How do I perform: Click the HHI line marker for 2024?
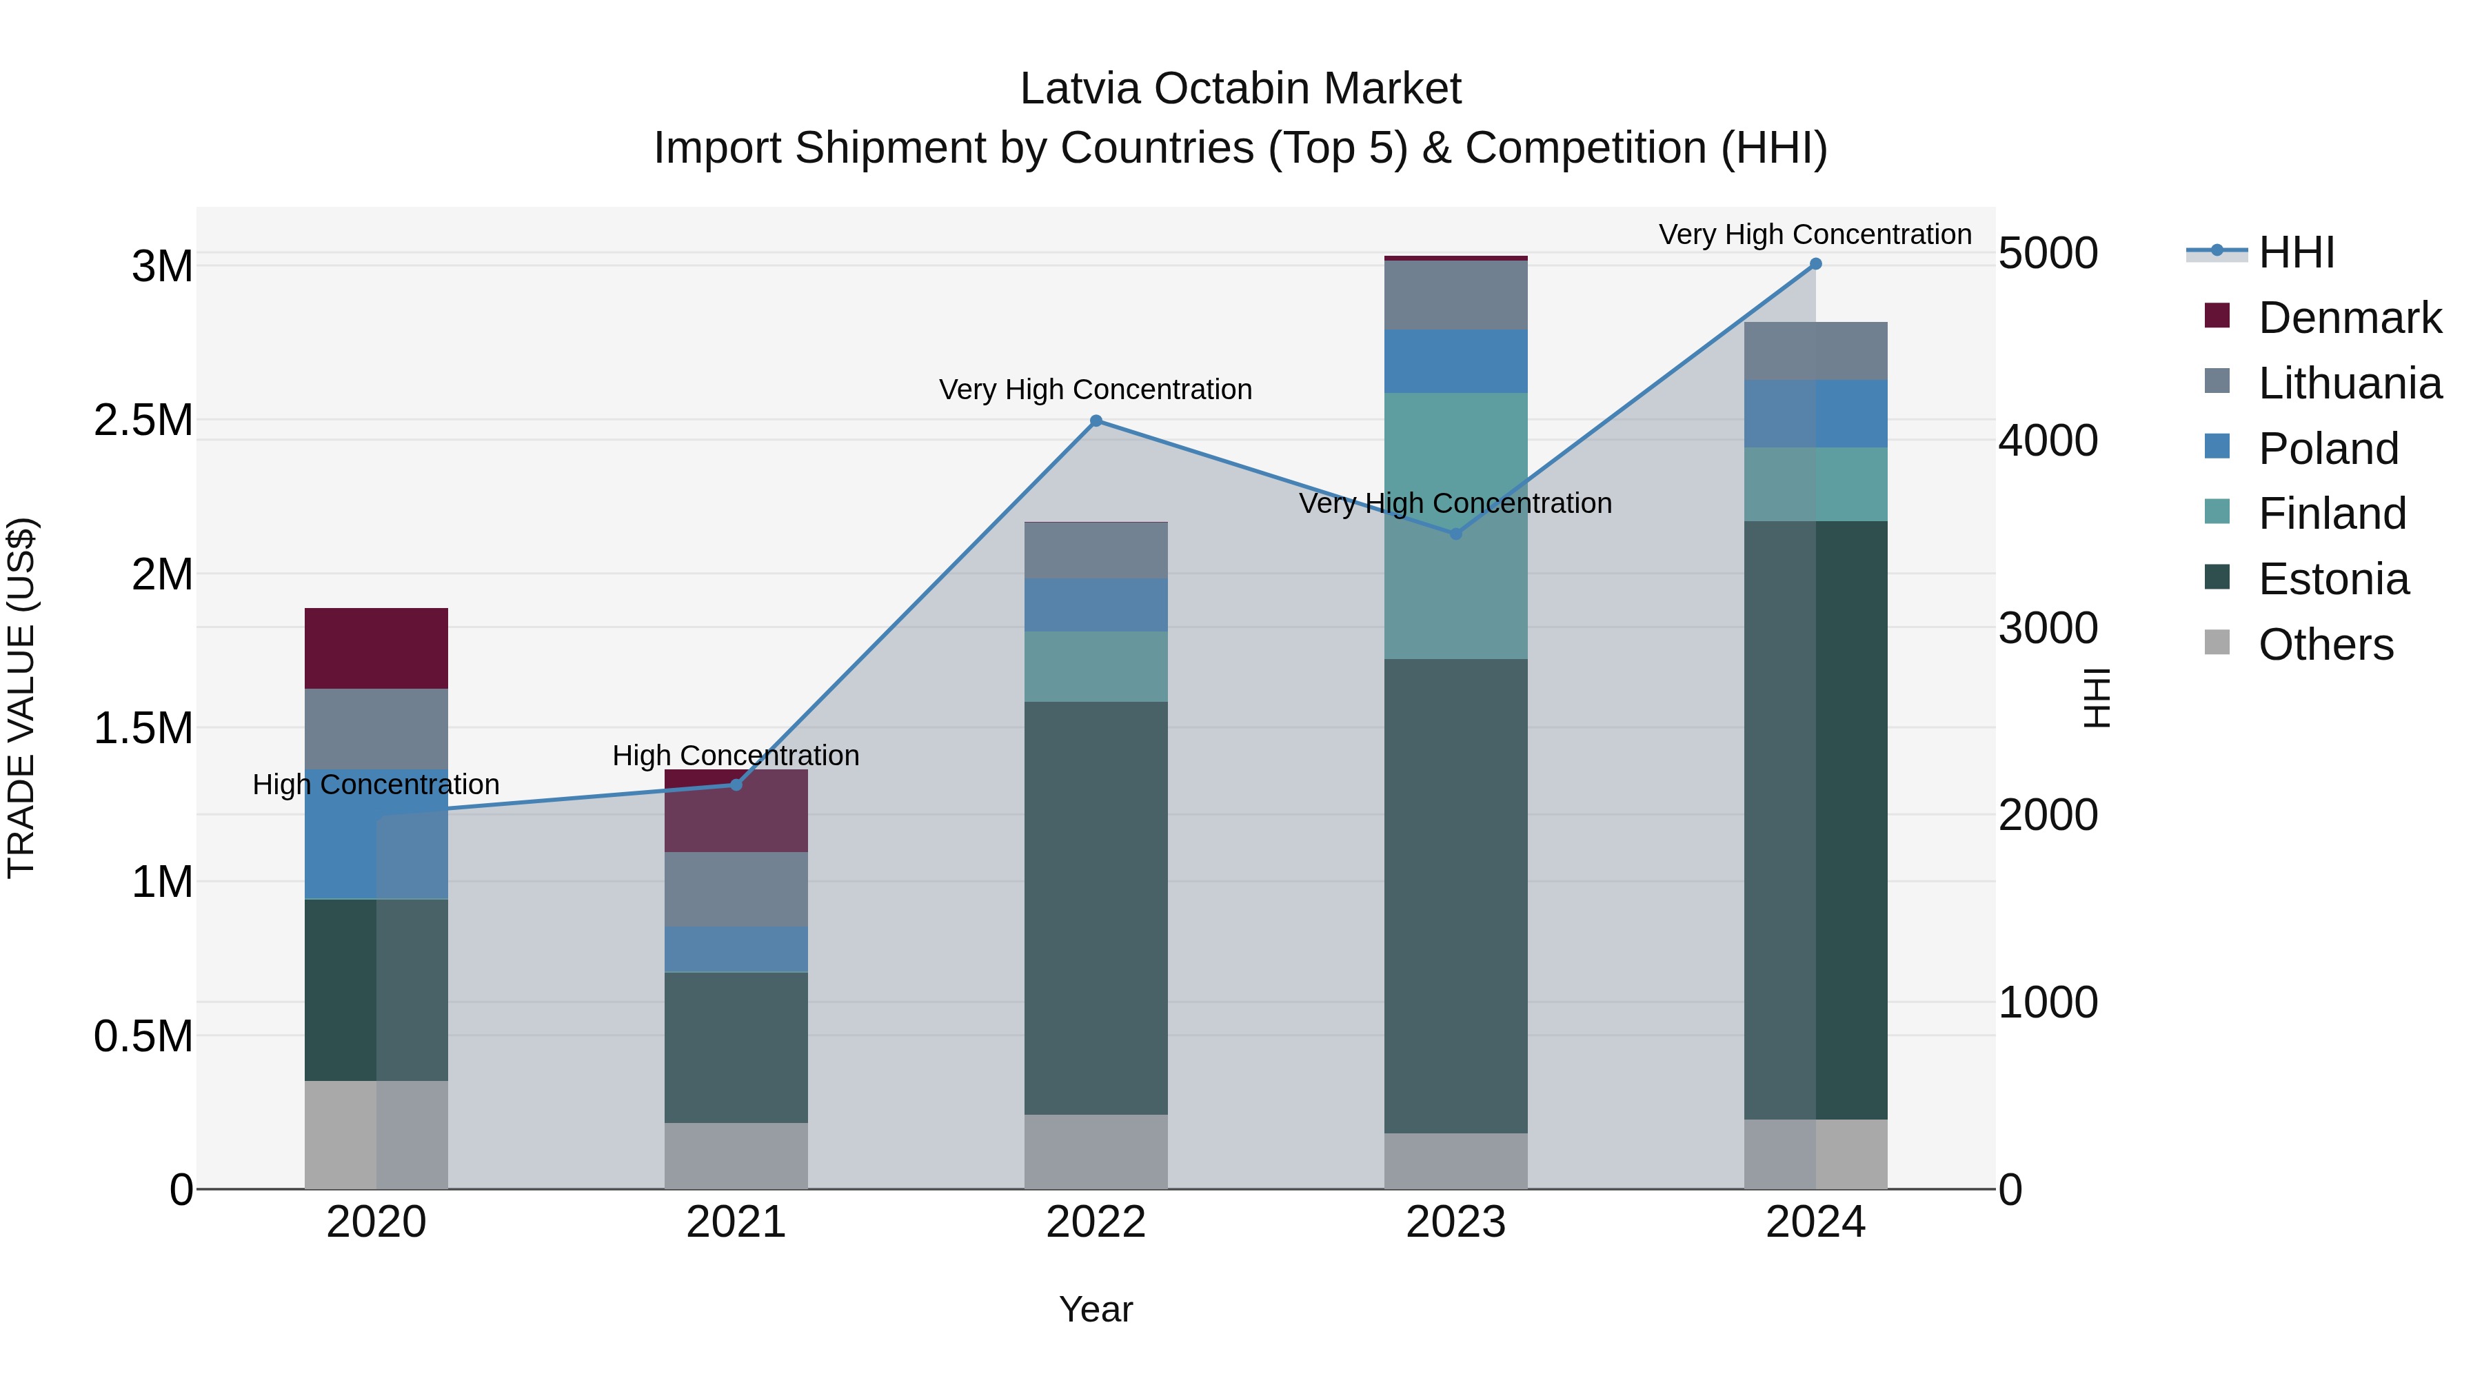tap(1815, 264)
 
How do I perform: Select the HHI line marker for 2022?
tap(1096, 421)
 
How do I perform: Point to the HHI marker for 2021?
tap(736, 785)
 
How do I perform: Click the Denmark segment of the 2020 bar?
tap(376, 649)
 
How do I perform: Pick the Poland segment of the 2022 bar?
tap(1096, 605)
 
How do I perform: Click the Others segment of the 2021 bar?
tap(736, 1155)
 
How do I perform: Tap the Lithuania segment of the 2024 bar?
tap(1815, 351)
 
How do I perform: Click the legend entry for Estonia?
tap(2332, 579)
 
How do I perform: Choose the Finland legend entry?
tap(2332, 514)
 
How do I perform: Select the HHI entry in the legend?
tap(2296, 252)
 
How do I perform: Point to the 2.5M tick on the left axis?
tap(143, 420)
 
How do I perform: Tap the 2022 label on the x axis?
tap(1096, 1222)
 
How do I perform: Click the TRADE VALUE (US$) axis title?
tap(21, 698)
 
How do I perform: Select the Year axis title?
tap(1096, 1309)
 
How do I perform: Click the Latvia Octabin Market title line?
tap(1240, 89)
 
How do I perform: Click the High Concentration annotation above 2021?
tap(736, 756)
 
